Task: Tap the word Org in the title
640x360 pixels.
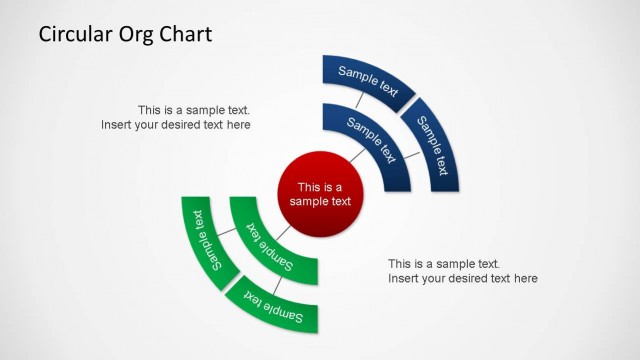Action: click(x=145, y=36)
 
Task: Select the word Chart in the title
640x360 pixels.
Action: click(x=190, y=35)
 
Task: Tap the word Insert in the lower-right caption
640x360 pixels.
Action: click(x=404, y=278)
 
